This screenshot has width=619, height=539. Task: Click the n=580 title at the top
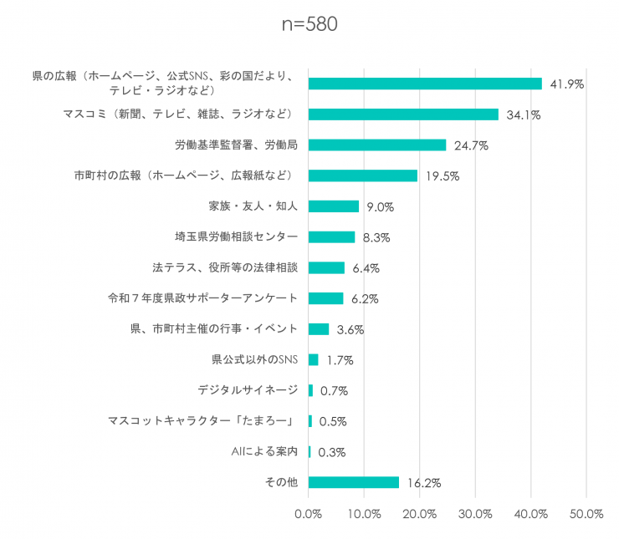click(309, 24)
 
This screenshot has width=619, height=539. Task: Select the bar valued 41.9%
click(425, 84)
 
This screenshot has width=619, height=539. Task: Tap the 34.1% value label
click(524, 115)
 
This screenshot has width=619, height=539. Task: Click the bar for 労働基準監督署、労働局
click(377, 145)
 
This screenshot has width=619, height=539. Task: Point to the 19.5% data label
click(443, 175)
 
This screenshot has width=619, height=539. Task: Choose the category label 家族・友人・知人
click(253, 206)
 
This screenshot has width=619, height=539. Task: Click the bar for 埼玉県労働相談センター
click(331, 237)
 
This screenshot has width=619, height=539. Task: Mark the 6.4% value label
click(366, 268)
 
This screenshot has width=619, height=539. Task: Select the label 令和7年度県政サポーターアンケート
click(202, 298)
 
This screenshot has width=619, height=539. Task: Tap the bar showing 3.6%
click(319, 329)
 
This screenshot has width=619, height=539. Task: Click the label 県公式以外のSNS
click(254, 359)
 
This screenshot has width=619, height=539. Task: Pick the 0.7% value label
click(334, 391)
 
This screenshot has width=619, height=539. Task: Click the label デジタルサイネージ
click(248, 390)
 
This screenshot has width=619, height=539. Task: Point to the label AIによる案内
click(264, 451)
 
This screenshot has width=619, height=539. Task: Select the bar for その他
click(354, 482)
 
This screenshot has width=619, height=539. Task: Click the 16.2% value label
click(424, 483)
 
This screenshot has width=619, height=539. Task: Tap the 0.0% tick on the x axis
click(309, 514)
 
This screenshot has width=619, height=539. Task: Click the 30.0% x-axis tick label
click(475, 514)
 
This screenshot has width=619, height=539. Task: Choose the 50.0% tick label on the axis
click(586, 514)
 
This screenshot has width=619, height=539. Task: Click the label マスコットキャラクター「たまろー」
click(202, 420)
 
